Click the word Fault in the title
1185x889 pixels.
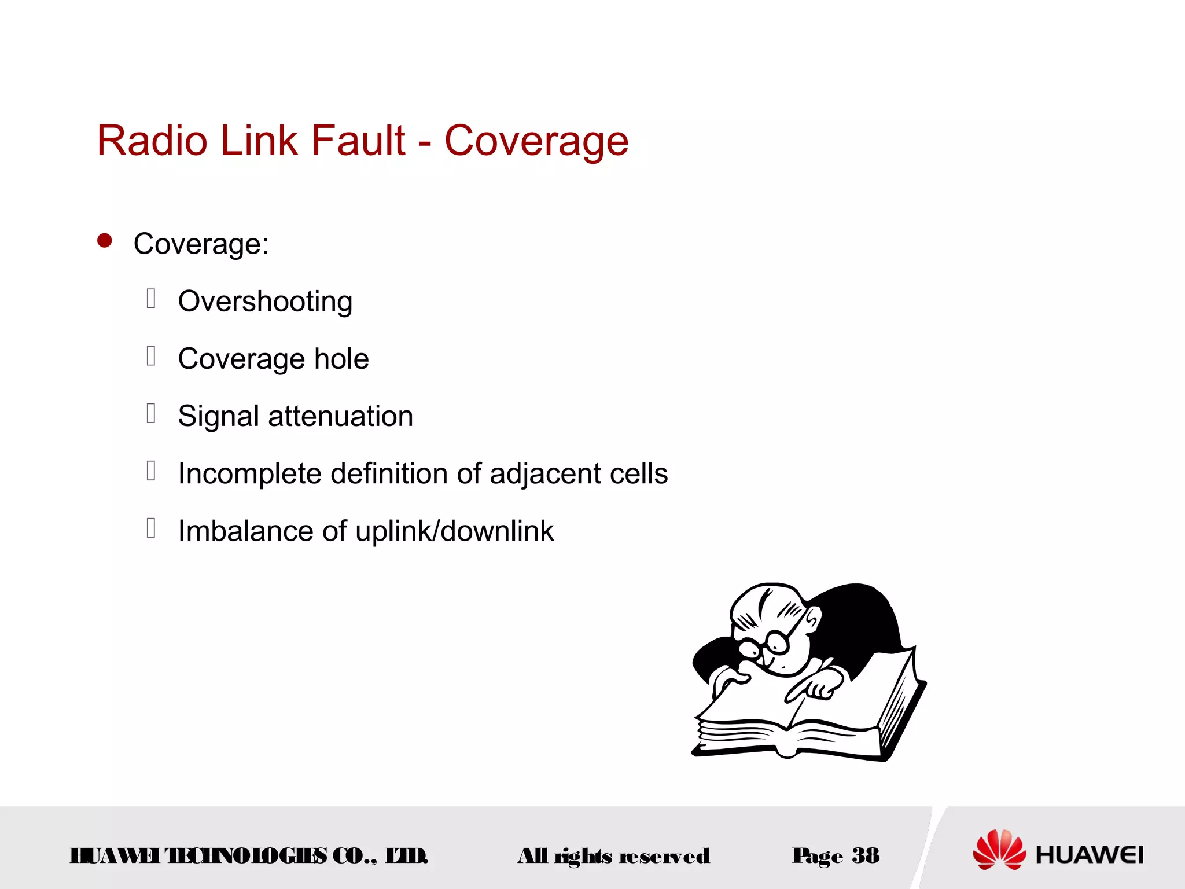point(358,141)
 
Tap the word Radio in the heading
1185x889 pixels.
point(152,141)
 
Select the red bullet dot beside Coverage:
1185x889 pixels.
point(105,241)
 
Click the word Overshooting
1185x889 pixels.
point(265,302)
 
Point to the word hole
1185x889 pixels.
point(341,359)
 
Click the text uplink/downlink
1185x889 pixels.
point(454,531)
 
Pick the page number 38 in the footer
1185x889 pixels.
point(865,855)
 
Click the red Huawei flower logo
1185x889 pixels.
point(999,850)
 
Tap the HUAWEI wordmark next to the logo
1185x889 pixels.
point(1090,855)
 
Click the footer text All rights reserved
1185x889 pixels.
point(613,856)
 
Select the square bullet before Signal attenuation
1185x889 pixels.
point(151,413)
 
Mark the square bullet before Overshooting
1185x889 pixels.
point(151,299)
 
